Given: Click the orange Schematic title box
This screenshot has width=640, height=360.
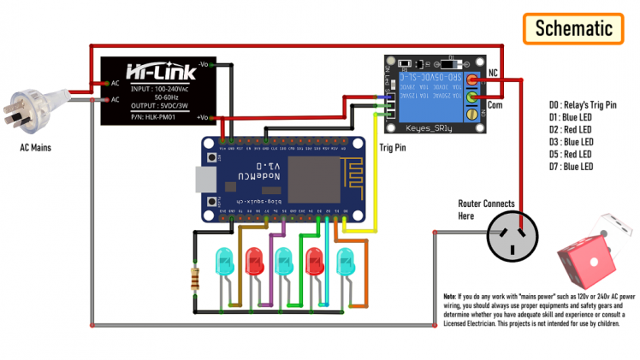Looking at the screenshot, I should click(574, 27).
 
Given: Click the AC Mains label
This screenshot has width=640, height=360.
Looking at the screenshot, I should click(36, 147).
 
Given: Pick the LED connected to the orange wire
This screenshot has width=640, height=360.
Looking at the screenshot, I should click(345, 260).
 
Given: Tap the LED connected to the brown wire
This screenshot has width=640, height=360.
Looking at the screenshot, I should click(224, 260).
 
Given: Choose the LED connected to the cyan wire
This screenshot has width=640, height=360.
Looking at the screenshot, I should click(314, 260).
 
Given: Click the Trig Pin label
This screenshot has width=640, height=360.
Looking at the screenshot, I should click(394, 147).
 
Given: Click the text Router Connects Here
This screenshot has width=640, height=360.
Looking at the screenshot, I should click(486, 210).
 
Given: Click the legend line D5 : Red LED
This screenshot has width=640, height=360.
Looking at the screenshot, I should click(572, 154).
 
